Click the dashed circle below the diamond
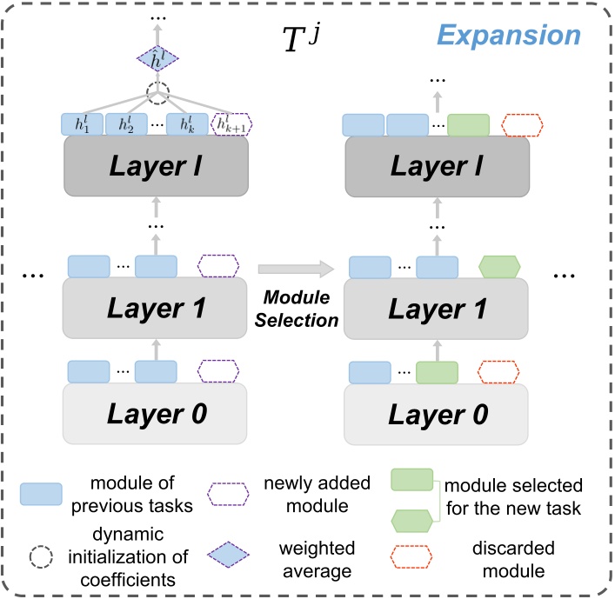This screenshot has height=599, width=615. (157, 93)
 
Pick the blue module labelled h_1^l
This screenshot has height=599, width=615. (83, 124)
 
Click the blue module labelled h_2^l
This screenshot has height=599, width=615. (127, 124)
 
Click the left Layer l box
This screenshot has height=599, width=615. (157, 166)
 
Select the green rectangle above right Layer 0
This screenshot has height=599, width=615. (438, 372)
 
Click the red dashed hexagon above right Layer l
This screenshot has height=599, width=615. (523, 124)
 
